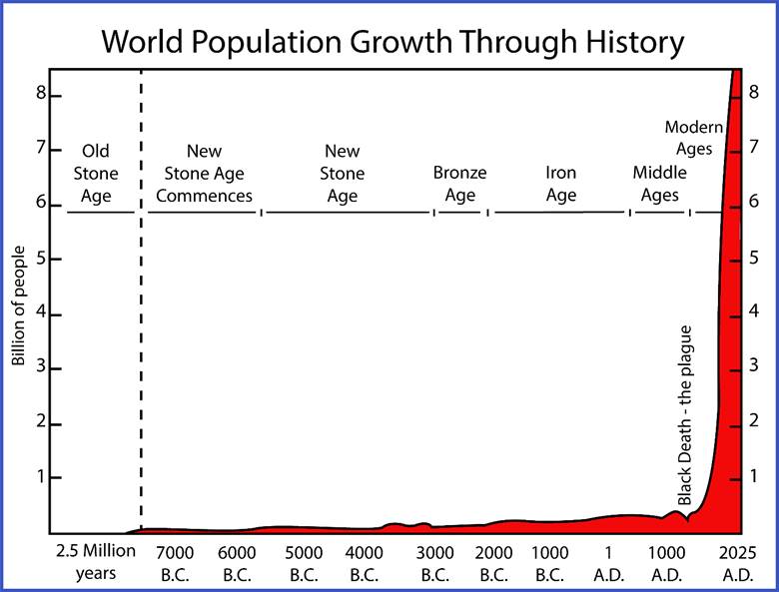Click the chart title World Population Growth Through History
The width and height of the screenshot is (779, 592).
coord(392,43)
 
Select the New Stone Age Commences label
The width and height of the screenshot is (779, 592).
coord(204,174)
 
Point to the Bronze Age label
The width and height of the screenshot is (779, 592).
coord(459,184)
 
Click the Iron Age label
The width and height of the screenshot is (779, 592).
coord(560,184)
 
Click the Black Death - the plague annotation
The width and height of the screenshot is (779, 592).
coord(685,413)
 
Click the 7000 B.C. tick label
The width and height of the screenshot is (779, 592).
coord(177,563)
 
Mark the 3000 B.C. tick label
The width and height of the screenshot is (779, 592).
coord(434,563)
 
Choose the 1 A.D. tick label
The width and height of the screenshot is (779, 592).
coord(608,563)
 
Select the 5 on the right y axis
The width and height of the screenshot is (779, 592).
coord(755,259)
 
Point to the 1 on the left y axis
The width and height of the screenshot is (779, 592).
coord(40,477)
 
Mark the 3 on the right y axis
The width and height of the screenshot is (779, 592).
coord(755,368)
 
